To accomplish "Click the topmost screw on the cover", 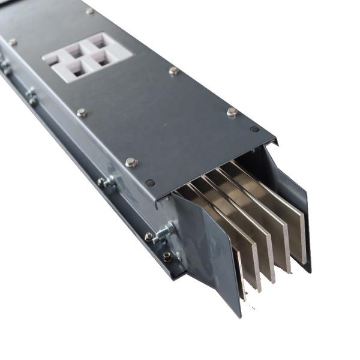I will [89, 11].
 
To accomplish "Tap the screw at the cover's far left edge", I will [12, 42].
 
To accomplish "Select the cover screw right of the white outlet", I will [174, 71].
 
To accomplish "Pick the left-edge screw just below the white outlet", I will [82, 112].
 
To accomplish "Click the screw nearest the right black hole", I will [232, 112].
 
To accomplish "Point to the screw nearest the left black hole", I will [131, 162].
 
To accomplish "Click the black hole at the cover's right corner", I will [254, 128].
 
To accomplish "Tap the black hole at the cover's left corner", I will [150, 183].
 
